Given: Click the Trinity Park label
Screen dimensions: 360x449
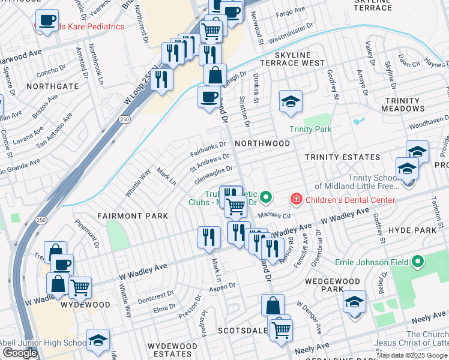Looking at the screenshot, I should click(x=310, y=129).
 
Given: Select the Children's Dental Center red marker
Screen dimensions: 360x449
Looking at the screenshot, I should click(x=295, y=198).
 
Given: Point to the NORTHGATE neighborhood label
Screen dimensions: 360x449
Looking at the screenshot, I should click(x=52, y=86).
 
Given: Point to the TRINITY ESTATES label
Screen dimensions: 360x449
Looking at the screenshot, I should click(x=342, y=157).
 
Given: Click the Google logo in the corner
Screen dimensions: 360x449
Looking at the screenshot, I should click(x=20, y=353).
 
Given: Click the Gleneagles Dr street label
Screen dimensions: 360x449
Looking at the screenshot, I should click(x=211, y=173).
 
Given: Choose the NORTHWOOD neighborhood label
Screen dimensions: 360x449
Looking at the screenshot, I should click(x=262, y=143).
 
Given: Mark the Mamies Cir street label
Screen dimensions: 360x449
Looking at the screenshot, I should click(x=274, y=215).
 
